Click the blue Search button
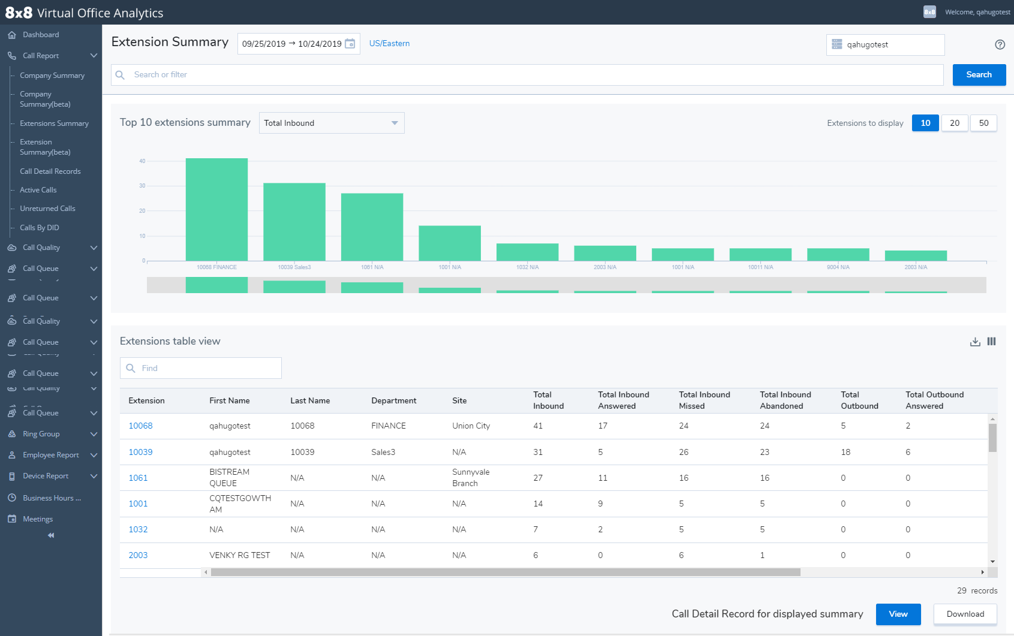click(979, 75)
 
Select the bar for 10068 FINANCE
click(216, 209)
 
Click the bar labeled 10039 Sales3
click(294, 222)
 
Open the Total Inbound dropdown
click(332, 123)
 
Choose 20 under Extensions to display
click(954, 123)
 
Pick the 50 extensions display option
click(983, 123)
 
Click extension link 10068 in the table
click(140, 426)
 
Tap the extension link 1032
click(138, 529)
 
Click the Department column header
click(393, 400)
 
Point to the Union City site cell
click(471, 426)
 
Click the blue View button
click(898, 614)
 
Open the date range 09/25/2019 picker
click(298, 44)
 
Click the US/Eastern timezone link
click(389, 43)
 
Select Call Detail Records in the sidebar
click(50, 171)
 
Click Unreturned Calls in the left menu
click(47, 209)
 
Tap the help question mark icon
click(1000, 44)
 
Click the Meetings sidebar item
click(37, 519)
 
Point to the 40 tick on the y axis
click(142, 161)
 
